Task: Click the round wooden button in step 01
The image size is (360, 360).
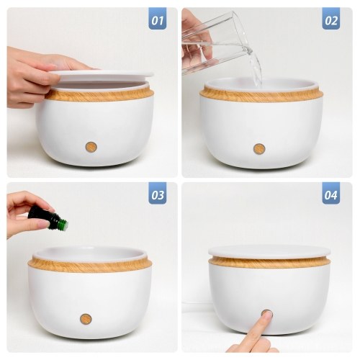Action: (91, 147)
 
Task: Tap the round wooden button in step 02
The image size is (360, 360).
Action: (259, 149)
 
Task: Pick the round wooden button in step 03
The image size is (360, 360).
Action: (86, 318)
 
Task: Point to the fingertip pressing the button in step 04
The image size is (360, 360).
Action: (267, 315)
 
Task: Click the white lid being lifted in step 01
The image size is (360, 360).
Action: (101, 75)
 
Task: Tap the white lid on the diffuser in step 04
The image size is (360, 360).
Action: (269, 251)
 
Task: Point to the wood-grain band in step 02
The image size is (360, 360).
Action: (261, 96)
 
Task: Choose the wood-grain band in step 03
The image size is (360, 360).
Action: (90, 266)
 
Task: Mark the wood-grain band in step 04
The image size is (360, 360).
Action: (269, 263)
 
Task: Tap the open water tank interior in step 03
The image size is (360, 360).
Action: (89, 253)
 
